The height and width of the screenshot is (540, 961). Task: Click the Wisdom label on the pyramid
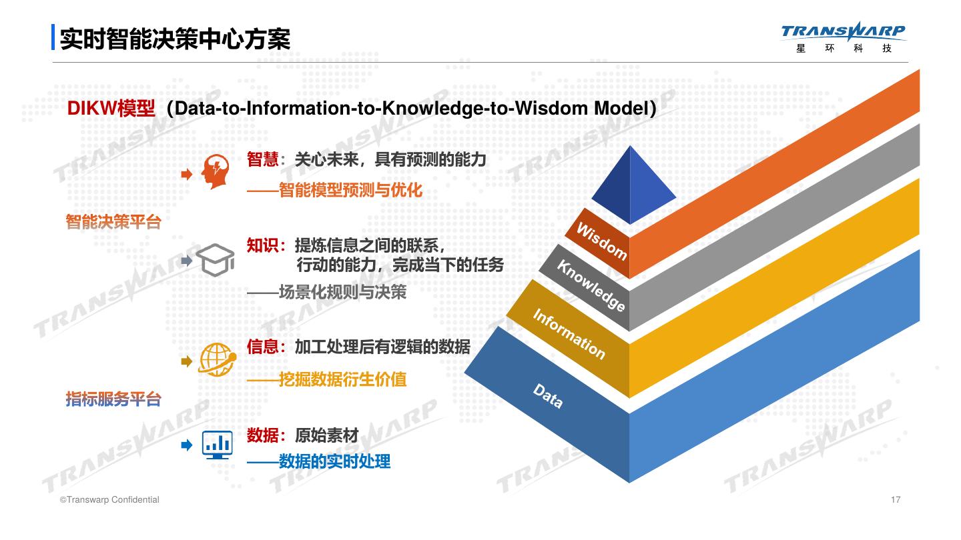click(x=601, y=241)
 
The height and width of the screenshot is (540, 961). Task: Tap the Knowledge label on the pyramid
click(x=591, y=285)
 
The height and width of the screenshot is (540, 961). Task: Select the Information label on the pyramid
click(x=569, y=334)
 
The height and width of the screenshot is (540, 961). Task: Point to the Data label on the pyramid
click(x=547, y=396)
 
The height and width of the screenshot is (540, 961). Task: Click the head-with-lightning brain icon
click(x=216, y=171)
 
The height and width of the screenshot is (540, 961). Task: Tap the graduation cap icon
click(x=216, y=260)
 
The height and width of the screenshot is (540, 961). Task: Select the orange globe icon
click(x=217, y=360)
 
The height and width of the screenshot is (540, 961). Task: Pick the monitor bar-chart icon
click(x=217, y=445)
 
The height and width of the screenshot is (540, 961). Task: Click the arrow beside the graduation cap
click(x=187, y=261)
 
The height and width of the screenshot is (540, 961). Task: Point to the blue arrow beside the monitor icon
click(x=187, y=445)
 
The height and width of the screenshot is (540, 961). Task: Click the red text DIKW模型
click(x=111, y=108)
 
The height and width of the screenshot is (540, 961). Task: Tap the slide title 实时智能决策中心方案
click(x=175, y=39)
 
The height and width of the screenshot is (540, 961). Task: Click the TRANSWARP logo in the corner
click(x=843, y=37)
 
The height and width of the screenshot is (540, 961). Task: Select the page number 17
click(x=896, y=500)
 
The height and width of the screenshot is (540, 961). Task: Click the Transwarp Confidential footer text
click(x=109, y=500)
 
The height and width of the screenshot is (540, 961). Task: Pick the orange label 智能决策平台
click(x=113, y=221)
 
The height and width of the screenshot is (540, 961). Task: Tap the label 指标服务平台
click(x=113, y=399)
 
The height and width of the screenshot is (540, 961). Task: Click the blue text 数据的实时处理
click(x=334, y=461)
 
